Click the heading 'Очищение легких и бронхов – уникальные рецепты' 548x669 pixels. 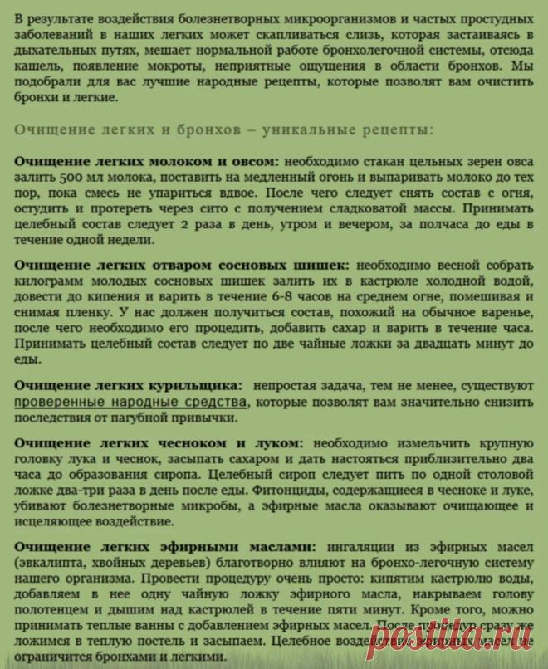[x=223, y=130]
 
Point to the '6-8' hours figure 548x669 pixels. [x=236, y=295]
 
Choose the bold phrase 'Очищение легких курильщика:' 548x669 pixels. [x=129, y=386]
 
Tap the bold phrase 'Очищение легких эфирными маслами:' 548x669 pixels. [x=165, y=547]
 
